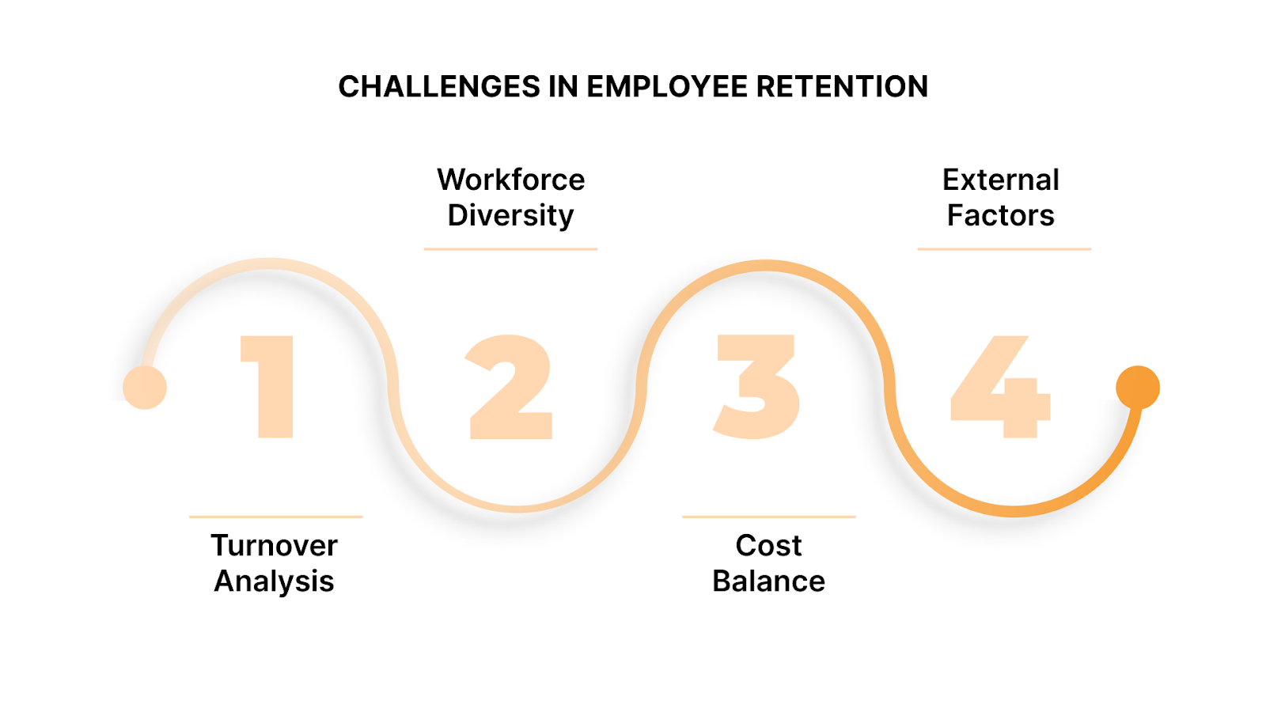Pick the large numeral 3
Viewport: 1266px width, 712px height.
click(757, 386)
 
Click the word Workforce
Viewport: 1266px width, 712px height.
click(511, 180)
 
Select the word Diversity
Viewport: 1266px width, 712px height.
click(511, 215)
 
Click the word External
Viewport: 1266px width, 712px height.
click(1001, 180)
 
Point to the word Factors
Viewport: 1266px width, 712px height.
click(1001, 215)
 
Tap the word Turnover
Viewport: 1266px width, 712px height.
click(275, 545)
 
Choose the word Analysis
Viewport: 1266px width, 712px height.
click(275, 581)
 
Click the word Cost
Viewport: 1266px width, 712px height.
click(768, 545)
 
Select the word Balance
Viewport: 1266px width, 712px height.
click(768, 581)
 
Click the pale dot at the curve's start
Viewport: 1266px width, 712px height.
click(145, 388)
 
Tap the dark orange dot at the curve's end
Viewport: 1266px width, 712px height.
click(1138, 388)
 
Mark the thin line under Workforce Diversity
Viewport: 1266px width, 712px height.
click(510, 249)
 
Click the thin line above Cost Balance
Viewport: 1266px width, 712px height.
click(768, 517)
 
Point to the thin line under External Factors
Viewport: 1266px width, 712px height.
click(1004, 249)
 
